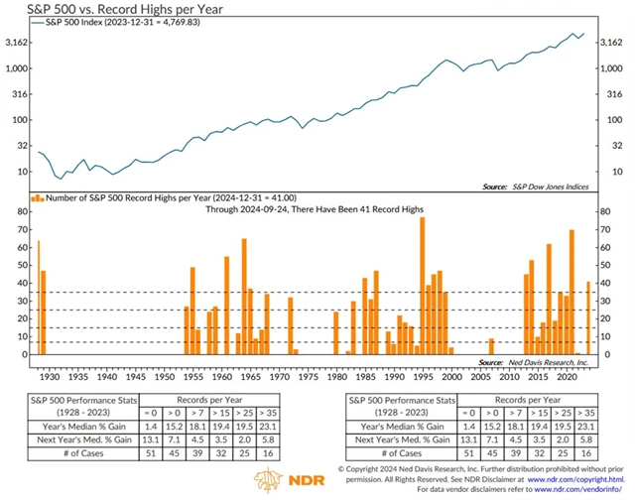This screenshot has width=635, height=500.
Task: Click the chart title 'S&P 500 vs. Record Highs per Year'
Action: tap(105, 9)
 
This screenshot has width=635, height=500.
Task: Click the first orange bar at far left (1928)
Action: tap(39, 297)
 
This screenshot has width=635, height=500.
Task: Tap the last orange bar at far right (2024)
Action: tap(588, 317)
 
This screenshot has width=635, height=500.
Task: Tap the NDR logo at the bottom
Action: tap(286, 480)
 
